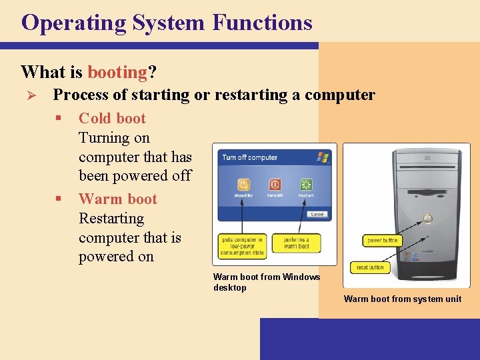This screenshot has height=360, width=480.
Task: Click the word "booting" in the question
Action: pos(117,71)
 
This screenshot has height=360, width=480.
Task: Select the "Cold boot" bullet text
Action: pos(112,119)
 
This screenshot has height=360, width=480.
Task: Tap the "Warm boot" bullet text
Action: pos(118,199)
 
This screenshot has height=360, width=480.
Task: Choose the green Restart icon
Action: pos(306,184)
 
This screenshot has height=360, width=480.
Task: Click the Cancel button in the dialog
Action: pos(317,214)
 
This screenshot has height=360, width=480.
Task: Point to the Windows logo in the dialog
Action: pos(323,157)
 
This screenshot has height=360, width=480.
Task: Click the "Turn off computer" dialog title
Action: pos(249,158)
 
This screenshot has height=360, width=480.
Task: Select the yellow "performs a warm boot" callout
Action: pos(296,243)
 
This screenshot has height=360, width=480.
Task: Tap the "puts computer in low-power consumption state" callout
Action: pos(241,245)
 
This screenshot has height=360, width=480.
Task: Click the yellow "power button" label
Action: pos(382,240)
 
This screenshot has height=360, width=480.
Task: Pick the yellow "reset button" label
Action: pos(370,267)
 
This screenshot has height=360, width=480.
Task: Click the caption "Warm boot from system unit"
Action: pos(403,299)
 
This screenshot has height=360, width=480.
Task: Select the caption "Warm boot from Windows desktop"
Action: pos(266,282)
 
